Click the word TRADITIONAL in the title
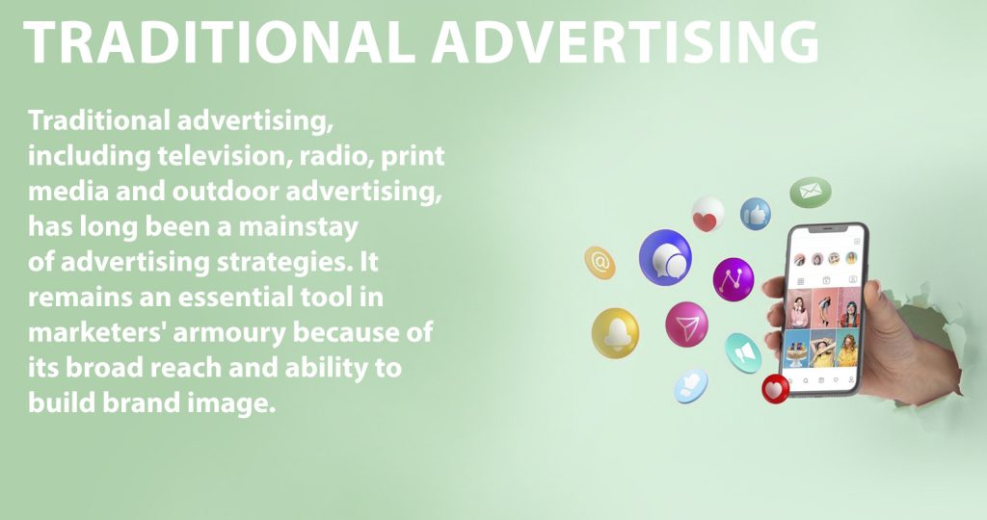[x=219, y=41]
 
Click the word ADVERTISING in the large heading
[x=625, y=41]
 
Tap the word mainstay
[x=298, y=227]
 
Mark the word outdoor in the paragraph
[x=226, y=192]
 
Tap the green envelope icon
[x=811, y=192]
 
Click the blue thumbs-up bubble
[x=756, y=214]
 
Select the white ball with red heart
[x=707, y=215]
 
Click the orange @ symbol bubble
[x=600, y=262]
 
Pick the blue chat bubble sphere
[x=665, y=258]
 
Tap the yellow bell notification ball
[x=616, y=333]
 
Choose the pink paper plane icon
[x=686, y=325]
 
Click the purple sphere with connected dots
[x=734, y=279]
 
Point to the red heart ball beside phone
[x=776, y=389]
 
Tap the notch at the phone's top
[x=827, y=229]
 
